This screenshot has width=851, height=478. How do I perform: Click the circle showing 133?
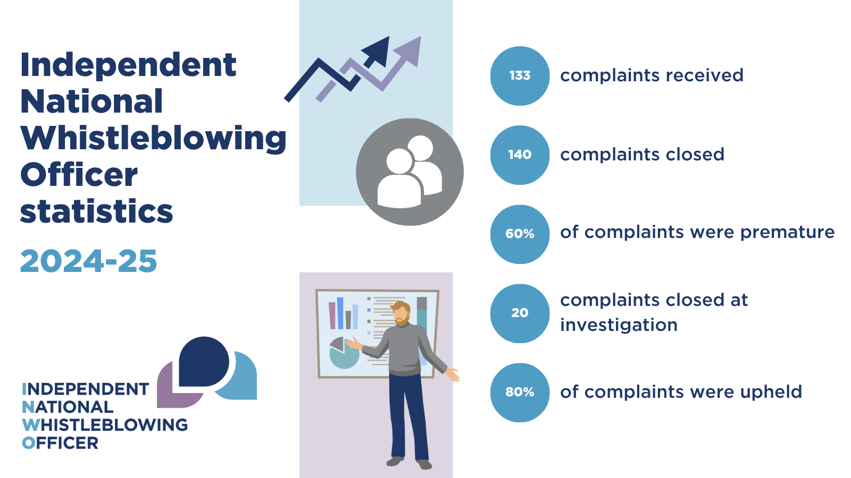[x=520, y=76]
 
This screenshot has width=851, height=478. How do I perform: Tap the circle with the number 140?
[x=520, y=155]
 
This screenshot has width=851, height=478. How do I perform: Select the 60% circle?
[x=520, y=234]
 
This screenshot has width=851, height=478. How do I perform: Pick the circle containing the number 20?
[x=520, y=313]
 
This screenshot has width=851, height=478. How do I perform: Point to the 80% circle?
[x=520, y=392]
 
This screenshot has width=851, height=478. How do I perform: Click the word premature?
[x=787, y=233]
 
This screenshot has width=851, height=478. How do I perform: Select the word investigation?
[x=619, y=325]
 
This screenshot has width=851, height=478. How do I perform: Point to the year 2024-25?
[x=88, y=261]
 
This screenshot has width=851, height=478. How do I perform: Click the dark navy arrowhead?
[x=377, y=51]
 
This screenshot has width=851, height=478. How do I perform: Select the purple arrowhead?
[x=408, y=51]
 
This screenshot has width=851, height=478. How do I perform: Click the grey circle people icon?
[x=410, y=172]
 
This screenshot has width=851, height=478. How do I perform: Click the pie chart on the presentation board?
[x=344, y=353]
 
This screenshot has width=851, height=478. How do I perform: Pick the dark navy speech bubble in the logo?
[x=204, y=362]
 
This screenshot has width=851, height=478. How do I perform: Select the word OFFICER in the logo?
[x=60, y=443]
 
